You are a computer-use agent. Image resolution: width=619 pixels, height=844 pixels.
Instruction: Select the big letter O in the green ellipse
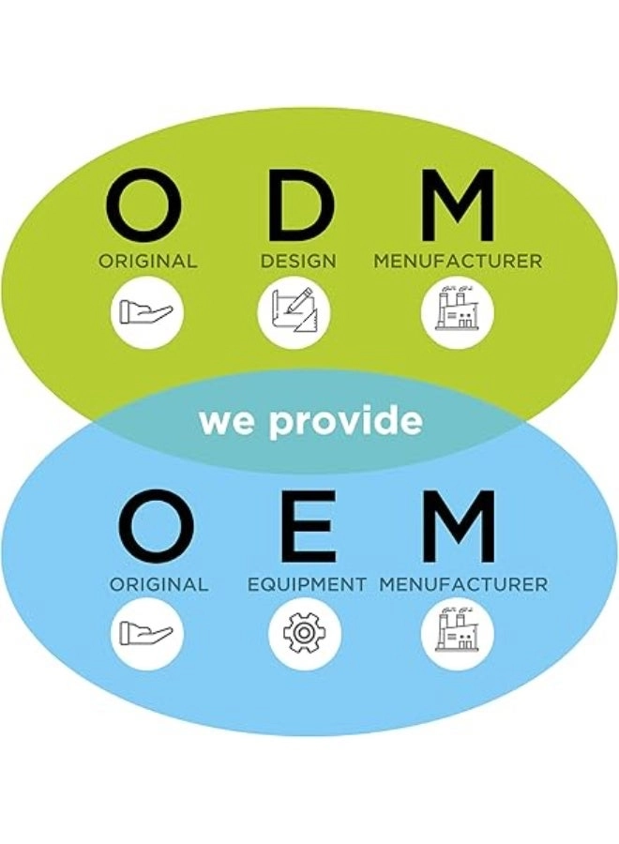[146, 203]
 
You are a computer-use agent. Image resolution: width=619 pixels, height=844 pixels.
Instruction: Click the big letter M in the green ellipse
[457, 203]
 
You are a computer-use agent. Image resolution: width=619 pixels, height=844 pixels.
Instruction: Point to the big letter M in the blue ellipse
[458, 527]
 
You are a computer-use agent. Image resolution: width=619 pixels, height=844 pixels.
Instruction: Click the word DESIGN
[298, 262]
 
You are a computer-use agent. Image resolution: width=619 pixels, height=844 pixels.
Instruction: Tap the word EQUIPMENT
[307, 584]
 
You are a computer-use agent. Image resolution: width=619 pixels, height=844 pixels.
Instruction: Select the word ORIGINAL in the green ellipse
[148, 262]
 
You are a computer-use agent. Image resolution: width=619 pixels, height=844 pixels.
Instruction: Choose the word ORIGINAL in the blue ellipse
[159, 584]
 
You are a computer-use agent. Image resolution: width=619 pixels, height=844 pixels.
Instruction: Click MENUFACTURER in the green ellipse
[458, 262]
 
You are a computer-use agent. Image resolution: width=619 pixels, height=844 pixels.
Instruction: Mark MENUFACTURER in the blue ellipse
[463, 584]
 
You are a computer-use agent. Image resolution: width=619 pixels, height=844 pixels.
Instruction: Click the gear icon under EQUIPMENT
[305, 633]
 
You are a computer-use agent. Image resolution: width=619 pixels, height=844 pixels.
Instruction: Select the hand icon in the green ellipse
[147, 312]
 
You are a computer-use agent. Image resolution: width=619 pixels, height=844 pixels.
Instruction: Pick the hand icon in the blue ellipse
[147, 633]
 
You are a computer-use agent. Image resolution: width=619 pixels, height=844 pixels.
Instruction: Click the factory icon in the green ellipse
[457, 312]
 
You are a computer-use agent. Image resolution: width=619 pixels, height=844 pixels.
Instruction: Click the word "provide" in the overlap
[346, 422]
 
